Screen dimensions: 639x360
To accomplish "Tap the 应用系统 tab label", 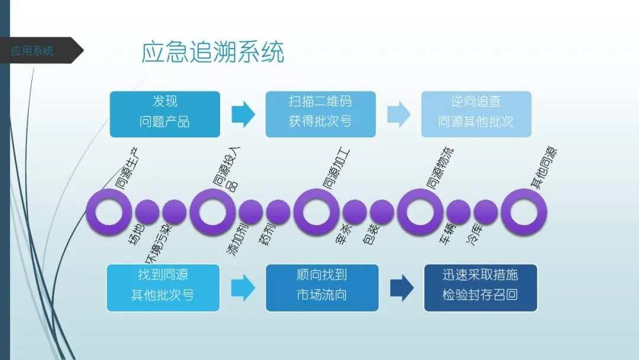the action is click(x=33, y=51).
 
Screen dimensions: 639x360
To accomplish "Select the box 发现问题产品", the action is click(x=164, y=114).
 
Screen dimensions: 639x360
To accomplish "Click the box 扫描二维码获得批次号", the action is click(x=320, y=114).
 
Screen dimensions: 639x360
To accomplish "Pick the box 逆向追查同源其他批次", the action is click(x=476, y=114).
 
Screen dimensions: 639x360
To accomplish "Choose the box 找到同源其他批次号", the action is click(x=163, y=288).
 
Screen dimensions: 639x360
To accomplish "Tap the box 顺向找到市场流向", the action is click(x=322, y=288).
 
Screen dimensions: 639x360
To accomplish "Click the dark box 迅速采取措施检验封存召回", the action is click(x=480, y=288).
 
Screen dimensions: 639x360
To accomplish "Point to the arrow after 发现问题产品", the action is click(x=243, y=114).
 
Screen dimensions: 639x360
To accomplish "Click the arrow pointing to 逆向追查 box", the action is click(x=399, y=114).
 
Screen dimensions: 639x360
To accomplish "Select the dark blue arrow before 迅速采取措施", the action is click(x=402, y=288).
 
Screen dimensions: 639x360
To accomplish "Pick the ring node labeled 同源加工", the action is click(x=317, y=212).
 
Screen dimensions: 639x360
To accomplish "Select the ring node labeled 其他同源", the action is click(x=524, y=212).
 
